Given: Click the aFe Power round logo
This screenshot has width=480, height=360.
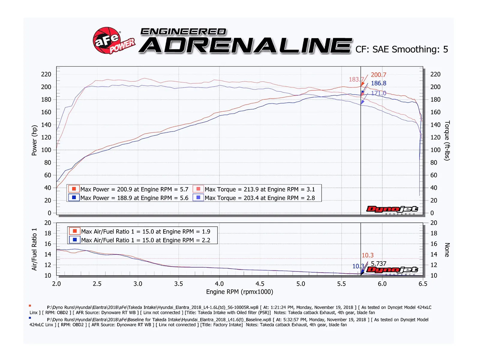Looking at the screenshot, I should click(106, 40).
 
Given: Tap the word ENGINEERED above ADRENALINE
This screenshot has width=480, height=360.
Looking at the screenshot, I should click(183, 31).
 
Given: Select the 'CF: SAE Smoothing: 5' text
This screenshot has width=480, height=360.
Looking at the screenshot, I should click(401, 49).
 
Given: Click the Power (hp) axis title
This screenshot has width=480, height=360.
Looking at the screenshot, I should click(34, 140).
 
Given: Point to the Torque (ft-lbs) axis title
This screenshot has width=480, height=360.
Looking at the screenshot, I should click(447, 140).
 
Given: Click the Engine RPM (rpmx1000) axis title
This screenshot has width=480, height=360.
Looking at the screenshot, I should click(239, 292).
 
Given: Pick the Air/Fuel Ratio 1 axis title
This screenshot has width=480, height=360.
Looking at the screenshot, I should click(34, 249).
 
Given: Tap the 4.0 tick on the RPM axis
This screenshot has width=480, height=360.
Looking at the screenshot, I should click(219, 284).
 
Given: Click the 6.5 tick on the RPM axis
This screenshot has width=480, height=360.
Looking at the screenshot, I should click(423, 284).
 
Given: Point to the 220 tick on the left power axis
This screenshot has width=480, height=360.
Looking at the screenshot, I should click(46, 74).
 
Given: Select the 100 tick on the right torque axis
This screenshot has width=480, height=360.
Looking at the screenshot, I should click(435, 150).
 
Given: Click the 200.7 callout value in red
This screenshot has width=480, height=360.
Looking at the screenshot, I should click(378, 75).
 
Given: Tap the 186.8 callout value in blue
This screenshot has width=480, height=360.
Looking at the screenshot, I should click(378, 83).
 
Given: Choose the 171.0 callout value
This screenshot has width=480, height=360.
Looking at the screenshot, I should click(378, 93).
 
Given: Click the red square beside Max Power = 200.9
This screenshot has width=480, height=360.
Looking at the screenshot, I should click(74, 189).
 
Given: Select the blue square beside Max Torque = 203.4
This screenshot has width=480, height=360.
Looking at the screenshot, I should click(198, 198).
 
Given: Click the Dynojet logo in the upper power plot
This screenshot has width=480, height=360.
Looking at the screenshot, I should click(392, 209).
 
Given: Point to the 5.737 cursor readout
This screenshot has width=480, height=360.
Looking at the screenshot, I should click(378, 264).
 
